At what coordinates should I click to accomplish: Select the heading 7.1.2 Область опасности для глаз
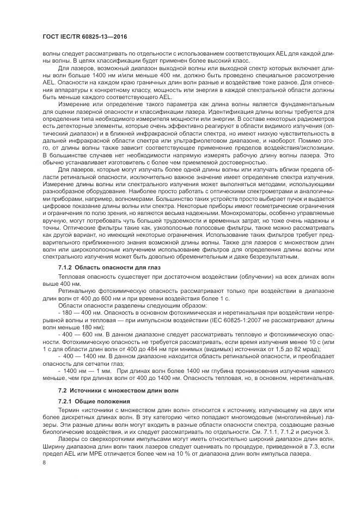(x=109, y=268)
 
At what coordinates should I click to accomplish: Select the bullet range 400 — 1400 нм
(x=82, y=355)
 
